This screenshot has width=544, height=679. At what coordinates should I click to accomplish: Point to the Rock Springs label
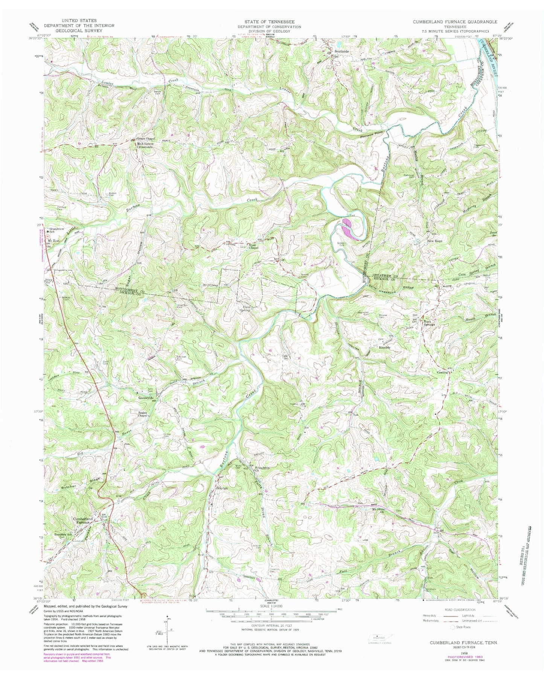click(430, 323)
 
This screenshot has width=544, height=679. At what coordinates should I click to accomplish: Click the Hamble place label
click(384, 348)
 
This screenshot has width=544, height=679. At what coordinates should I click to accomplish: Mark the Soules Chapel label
click(143, 414)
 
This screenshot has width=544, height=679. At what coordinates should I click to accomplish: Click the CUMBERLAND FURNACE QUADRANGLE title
click(455, 22)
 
